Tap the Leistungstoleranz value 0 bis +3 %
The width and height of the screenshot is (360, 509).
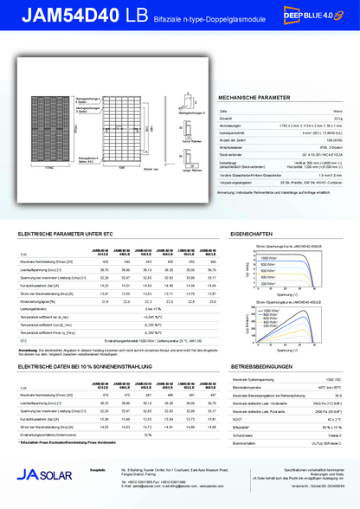click(152, 308)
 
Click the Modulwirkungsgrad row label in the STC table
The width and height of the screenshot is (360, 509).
click(43, 300)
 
